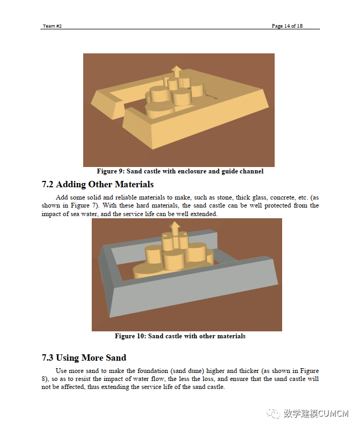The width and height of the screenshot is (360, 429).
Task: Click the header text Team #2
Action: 52,26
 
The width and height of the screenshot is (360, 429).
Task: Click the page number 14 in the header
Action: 287,26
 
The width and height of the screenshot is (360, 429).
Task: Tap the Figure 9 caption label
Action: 111,171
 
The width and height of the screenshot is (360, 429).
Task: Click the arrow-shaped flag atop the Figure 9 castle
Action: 177,71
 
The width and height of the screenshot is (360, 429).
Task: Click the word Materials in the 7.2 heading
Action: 134,185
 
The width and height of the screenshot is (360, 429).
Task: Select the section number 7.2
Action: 47,185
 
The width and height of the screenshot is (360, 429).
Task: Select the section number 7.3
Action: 47,357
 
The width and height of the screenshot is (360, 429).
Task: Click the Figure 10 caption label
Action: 130,336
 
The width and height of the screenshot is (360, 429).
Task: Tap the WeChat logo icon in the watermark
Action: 273,413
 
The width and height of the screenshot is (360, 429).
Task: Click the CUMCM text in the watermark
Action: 333,413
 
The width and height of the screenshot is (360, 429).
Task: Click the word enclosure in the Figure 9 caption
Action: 191,171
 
